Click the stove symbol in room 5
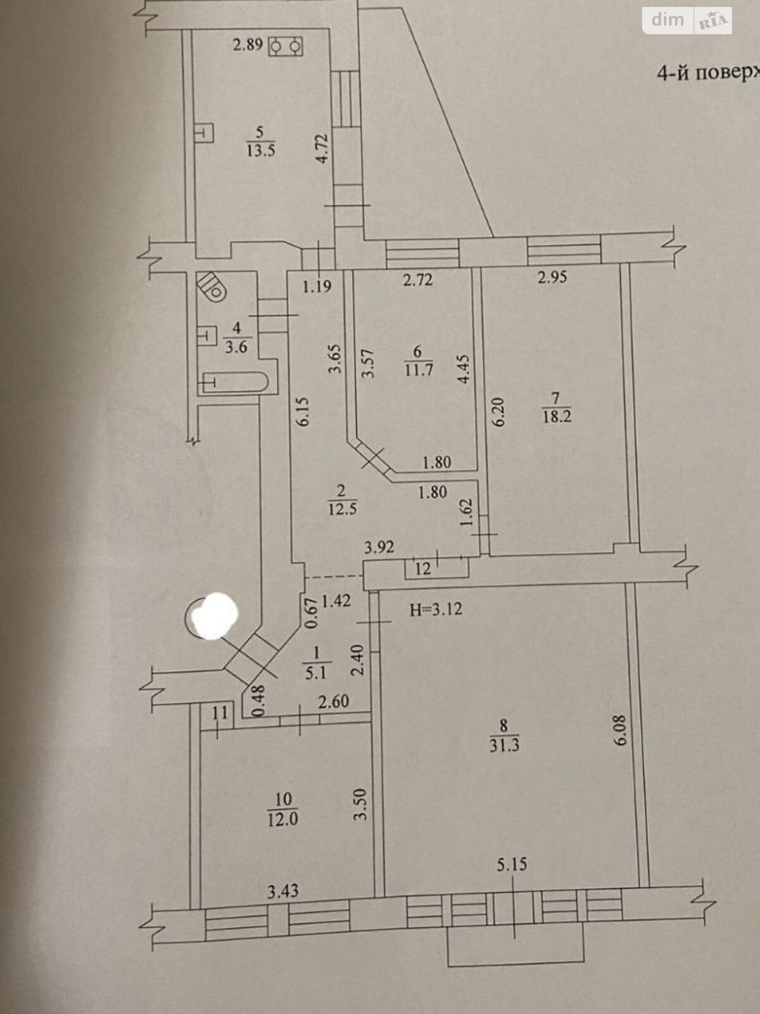286,46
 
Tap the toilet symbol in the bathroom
212,286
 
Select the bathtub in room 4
235,382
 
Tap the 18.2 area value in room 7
557,416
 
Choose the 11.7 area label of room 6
418,369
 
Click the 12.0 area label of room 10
282,819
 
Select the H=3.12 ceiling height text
436,610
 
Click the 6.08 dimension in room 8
619,729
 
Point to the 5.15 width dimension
512,864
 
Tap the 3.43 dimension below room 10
282,892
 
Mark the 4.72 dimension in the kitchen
323,149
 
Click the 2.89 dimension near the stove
248,45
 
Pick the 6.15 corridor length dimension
303,411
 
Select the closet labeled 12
423,568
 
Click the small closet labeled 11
219,713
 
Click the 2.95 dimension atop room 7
552,277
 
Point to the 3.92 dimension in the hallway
379,547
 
